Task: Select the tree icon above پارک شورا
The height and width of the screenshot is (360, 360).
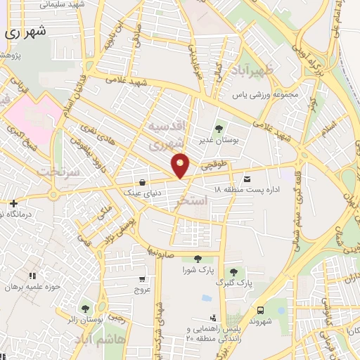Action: click(197, 259)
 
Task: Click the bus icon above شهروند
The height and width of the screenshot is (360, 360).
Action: click(261, 310)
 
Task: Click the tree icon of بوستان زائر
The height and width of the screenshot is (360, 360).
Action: click(85, 309)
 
